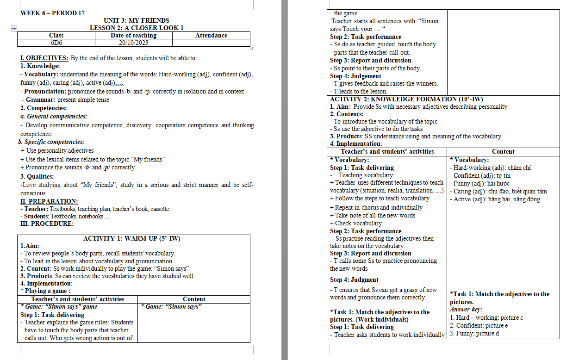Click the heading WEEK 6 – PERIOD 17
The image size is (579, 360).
pos(52,13)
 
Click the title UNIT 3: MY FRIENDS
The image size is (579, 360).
pos(137,20)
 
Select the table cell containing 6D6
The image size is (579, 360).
pos(56,43)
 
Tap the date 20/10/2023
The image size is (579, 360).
pos(133,43)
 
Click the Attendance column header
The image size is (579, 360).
pos(211,35)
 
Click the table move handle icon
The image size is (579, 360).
pos(14,28)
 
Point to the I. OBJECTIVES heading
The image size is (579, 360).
pos(44,58)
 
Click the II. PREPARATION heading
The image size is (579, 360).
pos(49,201)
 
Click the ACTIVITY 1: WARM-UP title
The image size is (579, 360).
pos(131,238)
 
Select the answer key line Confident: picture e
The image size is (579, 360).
pos(479,325)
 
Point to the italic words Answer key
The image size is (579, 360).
pos(466,309)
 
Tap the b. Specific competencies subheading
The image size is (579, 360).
pos(51,142)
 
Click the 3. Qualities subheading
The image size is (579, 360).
pos(37,176)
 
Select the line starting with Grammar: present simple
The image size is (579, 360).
pos(65,99)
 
